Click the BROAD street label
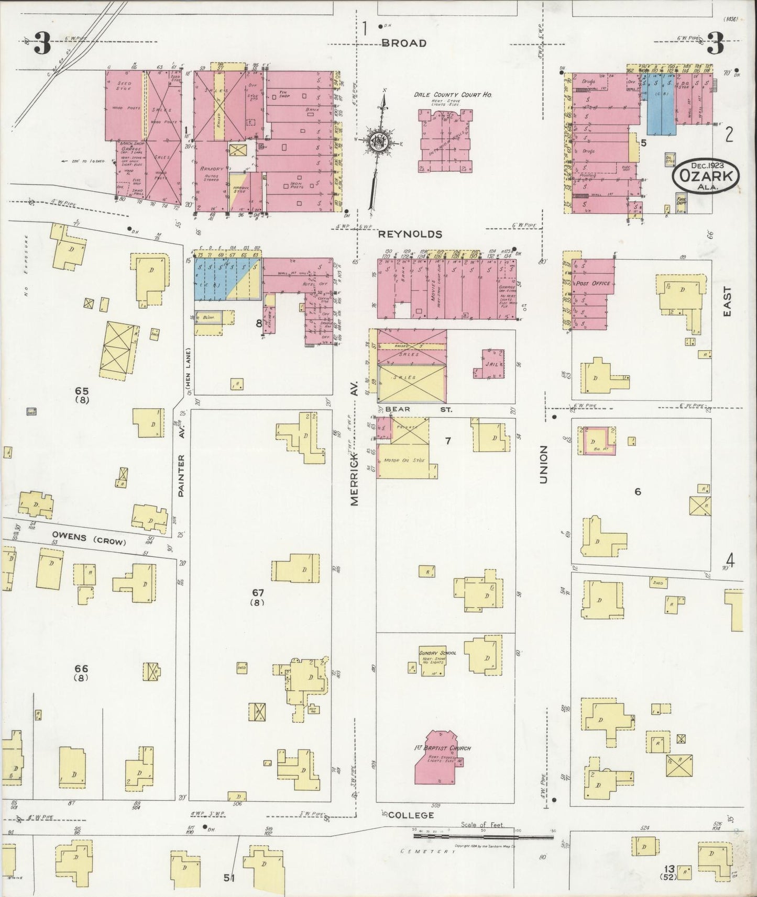[x=403, y=43]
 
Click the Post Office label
[x=593, y=283]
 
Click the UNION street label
[x=543, y=464]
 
